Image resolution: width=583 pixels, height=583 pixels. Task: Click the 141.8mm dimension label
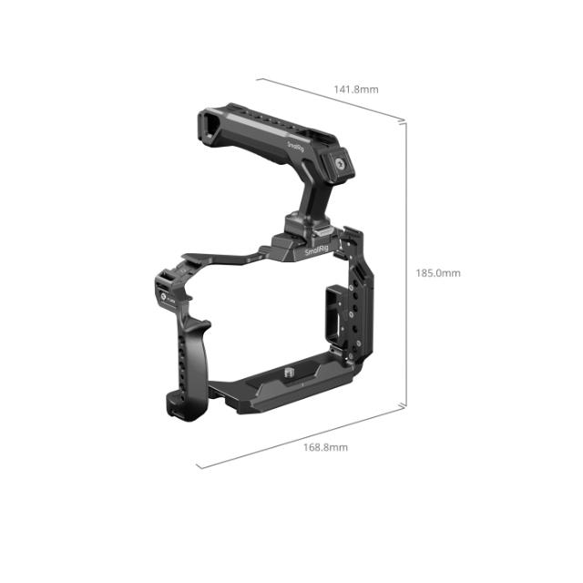[356, 89]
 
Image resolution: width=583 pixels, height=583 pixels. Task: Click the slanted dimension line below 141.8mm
[332, 99]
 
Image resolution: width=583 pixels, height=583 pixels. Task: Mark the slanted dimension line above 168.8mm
[301, 437]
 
